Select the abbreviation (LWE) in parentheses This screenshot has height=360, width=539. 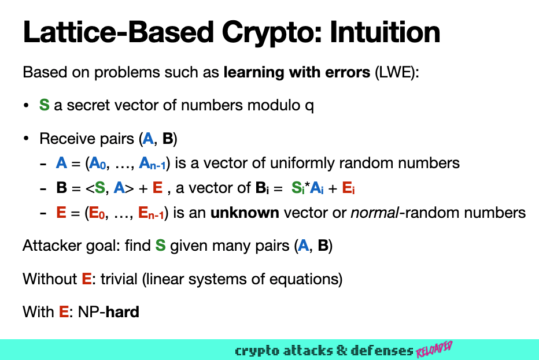395,74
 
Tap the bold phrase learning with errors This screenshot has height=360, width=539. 297,74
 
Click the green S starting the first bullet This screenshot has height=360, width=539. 44,106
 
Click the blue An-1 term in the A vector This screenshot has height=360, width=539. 153,164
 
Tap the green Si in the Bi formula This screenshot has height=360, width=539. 296,188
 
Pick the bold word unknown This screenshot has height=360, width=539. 245,213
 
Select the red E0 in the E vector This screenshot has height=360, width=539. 96,213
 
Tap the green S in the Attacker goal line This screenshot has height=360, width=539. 161,246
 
